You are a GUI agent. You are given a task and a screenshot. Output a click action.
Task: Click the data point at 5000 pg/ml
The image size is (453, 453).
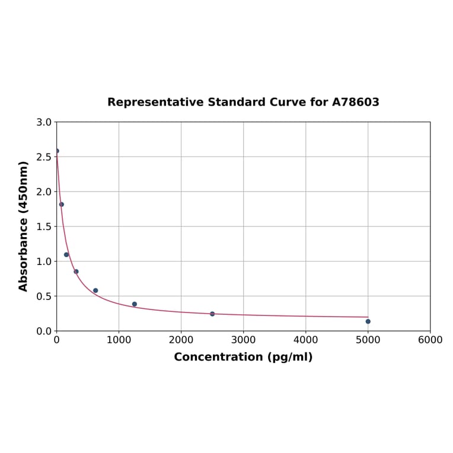pyautogui.click(x=368, y=321)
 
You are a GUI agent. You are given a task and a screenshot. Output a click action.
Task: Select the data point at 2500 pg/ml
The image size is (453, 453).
pyautogui.click(x=212, y=314)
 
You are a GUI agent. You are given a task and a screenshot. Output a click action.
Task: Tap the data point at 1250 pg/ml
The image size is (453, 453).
pyautogui.click(x=135, y=304)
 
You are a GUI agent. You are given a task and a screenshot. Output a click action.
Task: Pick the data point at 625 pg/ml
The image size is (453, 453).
pyautogui.click(x=95, y=291)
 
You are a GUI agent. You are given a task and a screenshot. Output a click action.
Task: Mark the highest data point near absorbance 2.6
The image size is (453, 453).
pyautogui.click(x=57, y=151)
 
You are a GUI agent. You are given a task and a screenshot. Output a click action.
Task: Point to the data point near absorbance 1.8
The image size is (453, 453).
pyautogui.click(x=62, y=205)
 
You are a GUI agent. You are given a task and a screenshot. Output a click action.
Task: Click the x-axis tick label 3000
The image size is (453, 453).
pyautogui.click(x=243, y=340)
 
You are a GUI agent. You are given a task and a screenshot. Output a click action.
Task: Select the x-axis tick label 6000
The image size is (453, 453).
pyautogui.click(x=430, y=340)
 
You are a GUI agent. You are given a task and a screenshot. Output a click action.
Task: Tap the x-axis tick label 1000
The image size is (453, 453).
pyautogui.click(x=119, y=340)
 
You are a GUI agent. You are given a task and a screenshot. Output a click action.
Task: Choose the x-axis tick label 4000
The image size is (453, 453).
pyautogui.click(x=305, y=340)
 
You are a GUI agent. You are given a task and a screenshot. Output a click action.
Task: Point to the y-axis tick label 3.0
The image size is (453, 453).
pyautogui.click(x=44, y=123)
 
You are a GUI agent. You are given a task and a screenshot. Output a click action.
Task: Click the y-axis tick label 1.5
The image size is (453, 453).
pyautogui.click(x=44, y=226)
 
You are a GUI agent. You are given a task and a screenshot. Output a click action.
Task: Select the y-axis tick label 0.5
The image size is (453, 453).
pyautogui.click(x=44, y=296)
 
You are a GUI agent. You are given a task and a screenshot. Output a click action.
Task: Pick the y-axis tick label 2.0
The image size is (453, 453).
pyautogui.click(x=44, y=192)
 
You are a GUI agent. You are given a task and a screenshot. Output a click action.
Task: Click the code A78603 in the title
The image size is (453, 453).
pyautogui.click(x=355, y=103)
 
